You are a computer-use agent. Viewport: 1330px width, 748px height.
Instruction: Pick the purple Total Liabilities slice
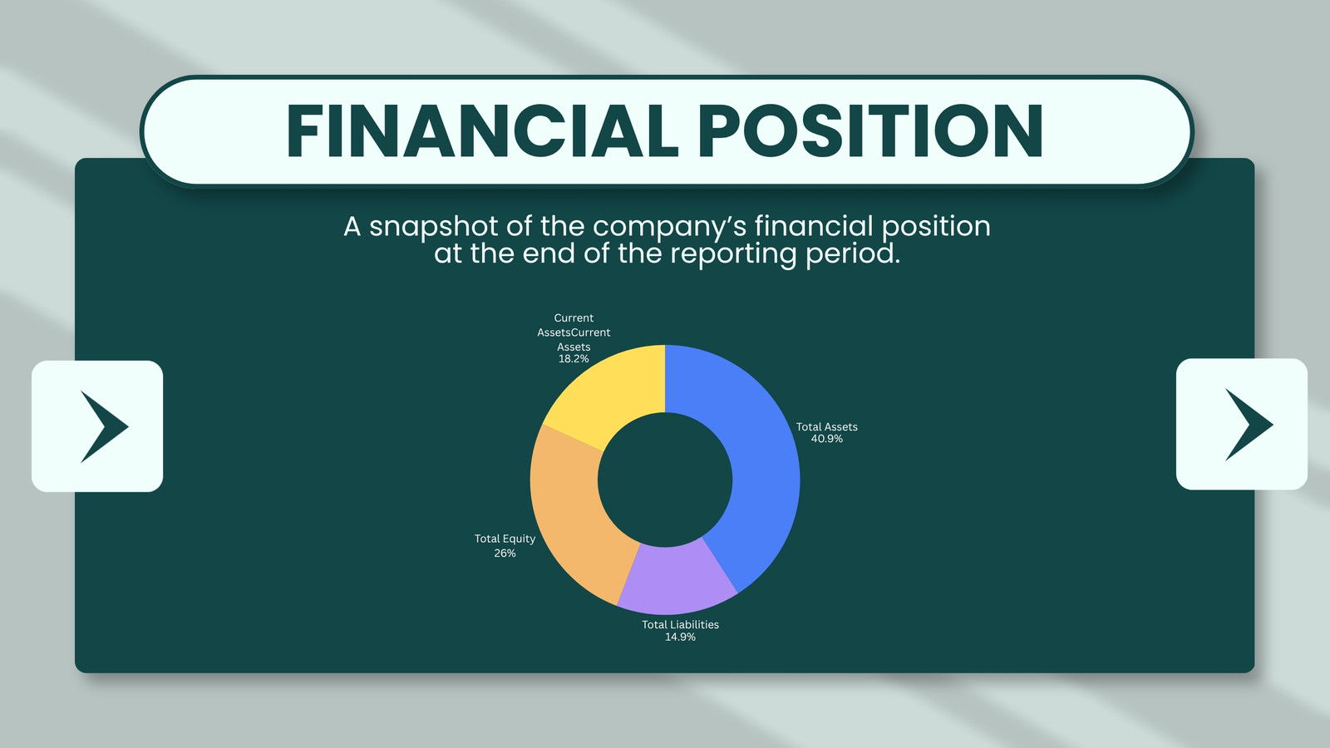(x=677, y=578)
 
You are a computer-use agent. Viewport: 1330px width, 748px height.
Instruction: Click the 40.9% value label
(x=826, y=439)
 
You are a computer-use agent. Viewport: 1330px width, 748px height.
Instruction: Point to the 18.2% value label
(x=574, y=358)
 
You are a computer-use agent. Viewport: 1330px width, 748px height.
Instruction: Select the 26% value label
(x=505, y=554)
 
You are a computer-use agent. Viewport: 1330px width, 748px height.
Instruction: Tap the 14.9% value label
(x=680, y=637)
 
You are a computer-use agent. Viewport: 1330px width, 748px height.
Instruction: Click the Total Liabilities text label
(x=680, y=624)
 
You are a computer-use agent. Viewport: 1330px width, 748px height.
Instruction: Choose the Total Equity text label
(x=505, y=539)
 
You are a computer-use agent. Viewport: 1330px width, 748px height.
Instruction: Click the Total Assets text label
(x=826, y=427)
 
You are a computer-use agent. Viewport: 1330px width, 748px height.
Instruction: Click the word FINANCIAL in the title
(x=482, y=131)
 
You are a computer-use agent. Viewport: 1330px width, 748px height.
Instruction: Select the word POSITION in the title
(x=870, y=131)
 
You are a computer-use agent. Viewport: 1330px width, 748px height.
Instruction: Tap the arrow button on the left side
(x=97, y=426)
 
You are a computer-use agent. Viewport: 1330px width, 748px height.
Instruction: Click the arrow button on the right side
(x=1242, y=425)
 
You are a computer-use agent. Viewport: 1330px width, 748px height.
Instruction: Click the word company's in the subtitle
(x=670, y=228)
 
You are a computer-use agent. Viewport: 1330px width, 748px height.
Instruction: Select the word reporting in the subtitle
(x=733, y=255)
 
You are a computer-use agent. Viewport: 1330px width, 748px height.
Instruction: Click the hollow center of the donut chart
(x=665, y=480)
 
